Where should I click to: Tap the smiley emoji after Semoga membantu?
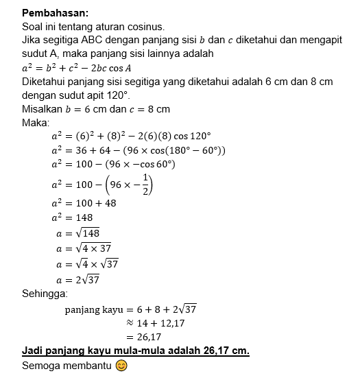(x=121, y=365)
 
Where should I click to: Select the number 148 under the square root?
(x=91, y=234)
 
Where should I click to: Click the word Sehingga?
(x=45, y=294)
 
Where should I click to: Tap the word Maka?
(x=35, y=122)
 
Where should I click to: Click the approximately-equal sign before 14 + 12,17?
(x=128, y=322)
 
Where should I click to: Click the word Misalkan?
(x=45, y=109)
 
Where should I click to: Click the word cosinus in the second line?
(x=144, y=27)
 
